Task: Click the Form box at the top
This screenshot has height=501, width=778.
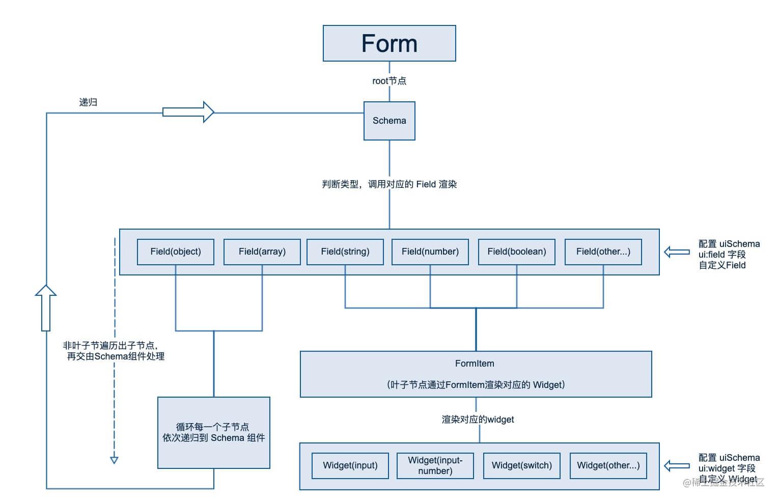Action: tap(389, 43)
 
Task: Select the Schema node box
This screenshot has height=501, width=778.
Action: tap(389, 121)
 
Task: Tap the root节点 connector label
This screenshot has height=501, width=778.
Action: tap(389, 81)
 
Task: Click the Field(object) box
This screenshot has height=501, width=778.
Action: tap(175, 252)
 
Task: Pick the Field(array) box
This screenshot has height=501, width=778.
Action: tap(262, 252)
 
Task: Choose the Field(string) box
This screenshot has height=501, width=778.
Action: tap(345, 252)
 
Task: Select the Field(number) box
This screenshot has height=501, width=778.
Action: tap(430, 252)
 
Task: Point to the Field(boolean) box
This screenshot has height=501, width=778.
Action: tap(516, 252)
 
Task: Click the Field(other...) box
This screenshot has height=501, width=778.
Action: tap(603, 252)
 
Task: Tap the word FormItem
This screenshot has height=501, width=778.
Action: tap(475, 364)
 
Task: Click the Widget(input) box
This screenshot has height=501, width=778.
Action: tap(350, 465)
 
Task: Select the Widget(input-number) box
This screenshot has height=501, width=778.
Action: tap(435, 465)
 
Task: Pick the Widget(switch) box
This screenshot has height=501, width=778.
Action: tap(521, 465)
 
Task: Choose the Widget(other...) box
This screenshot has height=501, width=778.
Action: tap(608, 465)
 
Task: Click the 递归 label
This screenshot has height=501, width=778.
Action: tap(88, 102)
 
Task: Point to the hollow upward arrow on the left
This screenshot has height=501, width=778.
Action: tap(46, 308)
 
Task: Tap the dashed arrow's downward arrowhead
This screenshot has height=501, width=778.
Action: tap(114, 460)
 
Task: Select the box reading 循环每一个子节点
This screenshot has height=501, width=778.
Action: tap(213, 432)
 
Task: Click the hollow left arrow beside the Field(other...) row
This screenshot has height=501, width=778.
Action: tap(677, 252)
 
